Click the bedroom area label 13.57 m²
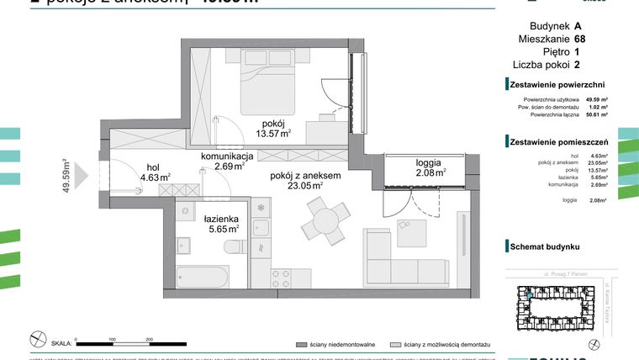click(273, 132)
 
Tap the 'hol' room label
click(152, 166)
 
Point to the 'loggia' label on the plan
click(429, 162)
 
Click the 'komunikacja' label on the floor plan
click(227, 156)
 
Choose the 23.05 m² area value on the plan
click(304, 187)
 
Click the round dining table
click(324, 223)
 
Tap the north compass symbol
click(37, 340)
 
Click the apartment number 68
click(580, 39)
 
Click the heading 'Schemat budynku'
click(545, 247)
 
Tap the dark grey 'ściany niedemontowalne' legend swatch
click(300, 345)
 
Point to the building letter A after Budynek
click(577, 26)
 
